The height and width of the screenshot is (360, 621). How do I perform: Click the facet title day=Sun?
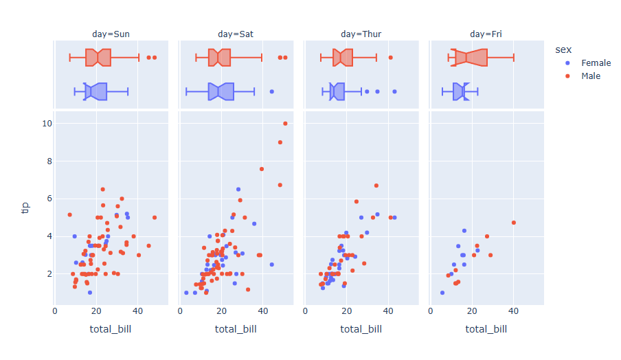pyautogui.click(x=111, y=34)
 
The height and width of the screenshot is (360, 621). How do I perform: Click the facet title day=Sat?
pyautogui.click(x=236, y=34)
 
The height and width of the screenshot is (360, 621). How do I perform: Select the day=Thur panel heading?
pyautogui.click(x=361, y=34)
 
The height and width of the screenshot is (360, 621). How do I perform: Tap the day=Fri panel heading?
pyautogui.click(x=486, y=34)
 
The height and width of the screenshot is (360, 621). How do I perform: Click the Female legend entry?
pyautogui.click(x=596, y=63)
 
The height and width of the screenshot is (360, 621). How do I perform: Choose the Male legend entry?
pyautogui.click(x=590, y=76)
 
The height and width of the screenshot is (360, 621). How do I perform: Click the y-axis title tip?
pyautogui.click(x=25, y=207)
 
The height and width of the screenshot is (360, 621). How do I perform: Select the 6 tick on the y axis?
pyautogui.click(x=47, y=199)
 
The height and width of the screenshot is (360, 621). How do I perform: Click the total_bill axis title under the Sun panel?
pyautogui.click(x=111, y=329)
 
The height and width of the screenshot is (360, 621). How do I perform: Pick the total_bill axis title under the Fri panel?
pyautogui.click(x=486, y=329)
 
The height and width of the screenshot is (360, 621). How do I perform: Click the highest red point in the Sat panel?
pyautogui.click(x=285, y=124)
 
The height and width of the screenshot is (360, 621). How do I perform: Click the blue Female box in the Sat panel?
pyautogui.click(x=221, y=91)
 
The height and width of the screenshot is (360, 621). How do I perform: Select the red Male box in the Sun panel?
pyautogui.click(x=98, y=58)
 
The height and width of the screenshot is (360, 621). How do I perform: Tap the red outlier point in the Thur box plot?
pyautogui.click(x=390, y=58)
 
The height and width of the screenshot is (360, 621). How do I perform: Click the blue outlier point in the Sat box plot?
pyautogui.click(x=271, y=91)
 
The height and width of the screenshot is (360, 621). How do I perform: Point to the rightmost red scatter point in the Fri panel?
pyautogui.click(x=513, y=223)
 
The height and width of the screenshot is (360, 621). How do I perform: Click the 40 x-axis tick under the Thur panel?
pyautogui.click(x=388, y=310)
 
